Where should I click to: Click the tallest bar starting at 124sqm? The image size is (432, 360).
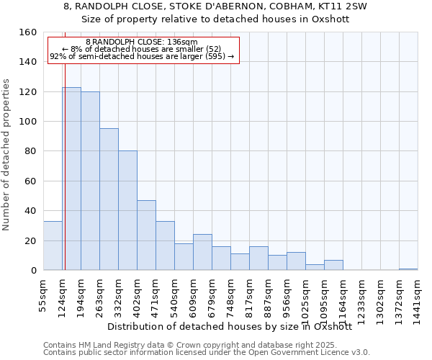(x=71, y=179)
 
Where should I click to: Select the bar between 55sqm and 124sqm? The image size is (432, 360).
(x=53, y=246)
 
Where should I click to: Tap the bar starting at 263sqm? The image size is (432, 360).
(x=109, y=199)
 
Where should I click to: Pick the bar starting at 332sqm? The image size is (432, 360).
(x=127, y=210)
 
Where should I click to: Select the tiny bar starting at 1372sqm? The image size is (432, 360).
(x=408, y=269)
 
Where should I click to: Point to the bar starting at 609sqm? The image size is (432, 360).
(x=202, y=252)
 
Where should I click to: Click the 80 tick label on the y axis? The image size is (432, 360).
(x=31, y=152)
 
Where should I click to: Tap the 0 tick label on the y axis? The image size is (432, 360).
(x=34, y=271)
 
